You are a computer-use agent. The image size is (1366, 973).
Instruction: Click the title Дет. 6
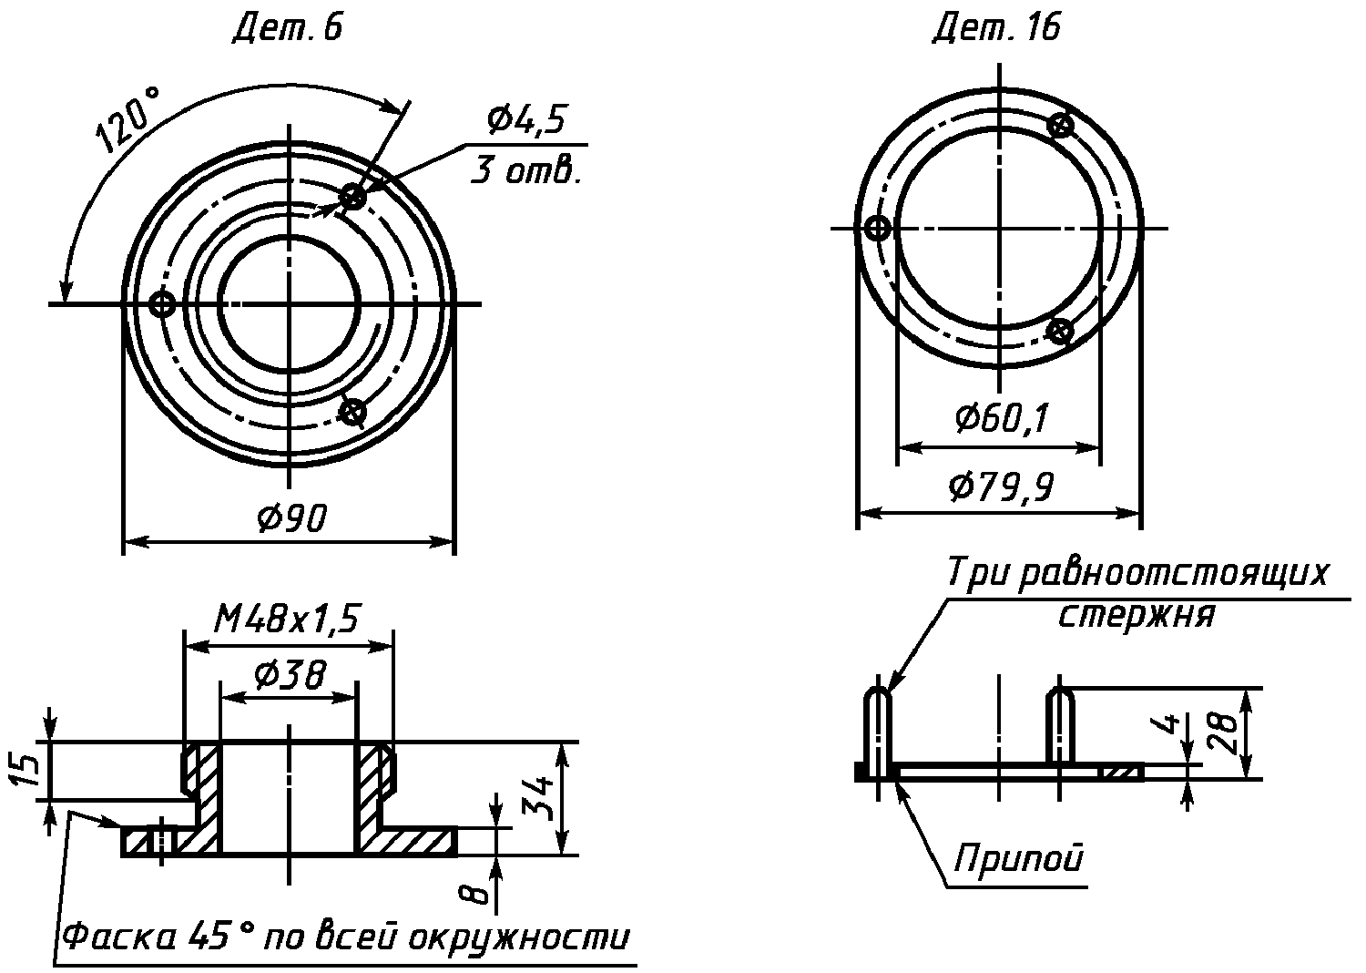[287, 28]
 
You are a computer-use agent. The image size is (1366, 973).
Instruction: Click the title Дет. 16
[996, 28]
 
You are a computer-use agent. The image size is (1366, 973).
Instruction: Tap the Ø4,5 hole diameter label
[525, 119]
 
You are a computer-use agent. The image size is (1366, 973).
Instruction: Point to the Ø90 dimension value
[291, 518]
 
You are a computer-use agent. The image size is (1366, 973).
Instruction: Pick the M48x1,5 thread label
[286, 620]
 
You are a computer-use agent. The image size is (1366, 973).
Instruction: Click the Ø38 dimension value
[291, 674]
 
